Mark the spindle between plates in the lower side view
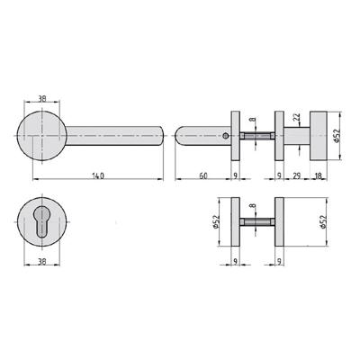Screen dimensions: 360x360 (256, 221)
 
